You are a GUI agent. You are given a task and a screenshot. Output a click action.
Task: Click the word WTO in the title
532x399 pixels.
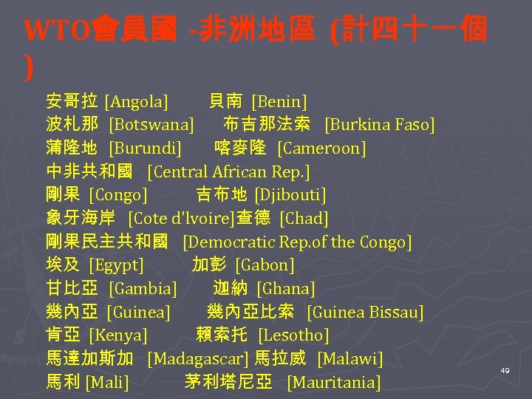[50, 31]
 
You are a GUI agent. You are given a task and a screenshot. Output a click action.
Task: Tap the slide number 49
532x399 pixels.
[505, 369]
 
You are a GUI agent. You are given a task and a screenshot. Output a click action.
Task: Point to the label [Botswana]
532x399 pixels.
[151, 125]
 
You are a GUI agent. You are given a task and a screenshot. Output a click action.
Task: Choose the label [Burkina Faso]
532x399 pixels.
[380, 125]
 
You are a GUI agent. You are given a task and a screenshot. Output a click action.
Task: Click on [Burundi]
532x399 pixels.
[146, 149]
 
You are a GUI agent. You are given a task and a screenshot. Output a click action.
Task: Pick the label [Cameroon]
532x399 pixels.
[321, 149]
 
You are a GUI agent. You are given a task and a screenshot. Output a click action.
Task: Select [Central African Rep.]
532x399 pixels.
[228, 172]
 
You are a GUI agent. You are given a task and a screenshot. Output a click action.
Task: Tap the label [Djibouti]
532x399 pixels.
[290, 195]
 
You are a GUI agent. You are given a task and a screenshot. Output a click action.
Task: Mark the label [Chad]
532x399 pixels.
[304, 219]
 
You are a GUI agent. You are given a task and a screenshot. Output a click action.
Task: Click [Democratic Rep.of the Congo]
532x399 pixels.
[297, 242]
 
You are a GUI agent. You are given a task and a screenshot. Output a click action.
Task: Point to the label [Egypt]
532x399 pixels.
[117, 265]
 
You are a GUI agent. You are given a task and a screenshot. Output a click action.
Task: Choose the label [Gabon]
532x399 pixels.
[265, 265]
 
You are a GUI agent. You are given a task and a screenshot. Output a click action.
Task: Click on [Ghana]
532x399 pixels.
[286, 289]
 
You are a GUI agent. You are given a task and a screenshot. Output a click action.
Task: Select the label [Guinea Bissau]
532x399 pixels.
[365, 313]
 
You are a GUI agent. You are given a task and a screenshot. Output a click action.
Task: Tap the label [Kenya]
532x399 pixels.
[118, 335]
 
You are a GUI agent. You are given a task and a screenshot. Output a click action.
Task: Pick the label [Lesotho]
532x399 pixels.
[293, 335]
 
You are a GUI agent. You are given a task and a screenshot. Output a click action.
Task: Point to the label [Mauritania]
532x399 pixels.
[334, 383]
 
